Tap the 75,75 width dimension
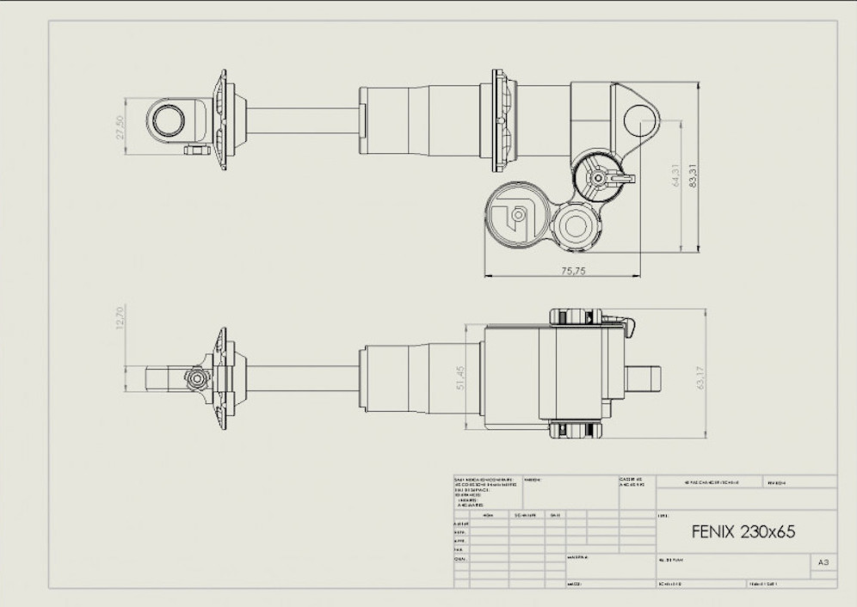tap(562, 270)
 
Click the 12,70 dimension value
tap(120, 316)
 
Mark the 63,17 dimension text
tap(700, 378)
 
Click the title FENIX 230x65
tap(743, 531)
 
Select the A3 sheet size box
tap(823, 562)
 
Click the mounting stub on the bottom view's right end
tap(644, 378)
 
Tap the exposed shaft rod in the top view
tap(301, 120)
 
